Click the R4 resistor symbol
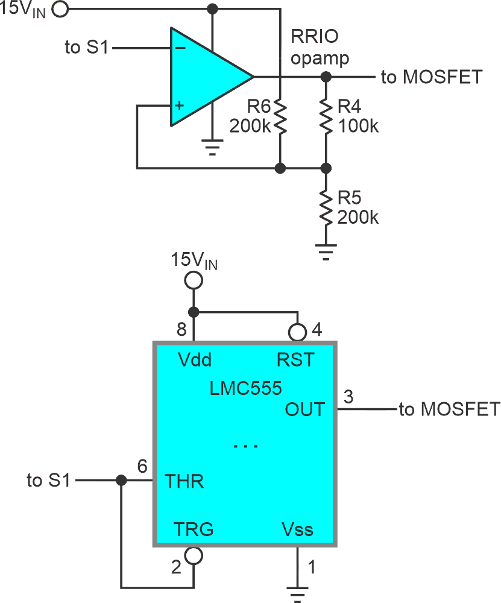click(326, 118)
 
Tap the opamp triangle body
click(205, 77)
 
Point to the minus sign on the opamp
click(180, 48)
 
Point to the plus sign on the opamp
click(180, 106)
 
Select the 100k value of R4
click(358, 127)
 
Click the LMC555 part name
click(245, 388)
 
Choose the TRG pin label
click(193, 529)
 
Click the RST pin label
click(295, 360)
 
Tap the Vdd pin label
click(194, 360)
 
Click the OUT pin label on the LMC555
click(304, 409)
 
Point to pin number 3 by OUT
click(348, 397)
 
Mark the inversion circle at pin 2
click(194, 555)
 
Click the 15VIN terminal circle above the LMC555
click(193, 280)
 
